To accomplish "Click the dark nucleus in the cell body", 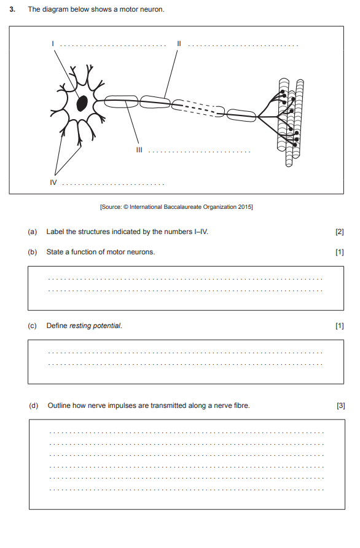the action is point(82,103).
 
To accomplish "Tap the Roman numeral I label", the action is point(53,44).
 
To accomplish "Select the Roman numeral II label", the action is point(179,44).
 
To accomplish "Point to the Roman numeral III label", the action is point(139,150).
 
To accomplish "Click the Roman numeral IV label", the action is point(53,182).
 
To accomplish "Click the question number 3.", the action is point(12,9).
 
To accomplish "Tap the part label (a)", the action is point(32,232).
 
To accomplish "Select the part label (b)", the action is point(32,252).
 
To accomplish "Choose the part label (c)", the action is point(32,326).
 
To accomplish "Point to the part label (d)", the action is point(34,405).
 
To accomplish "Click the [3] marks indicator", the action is point(341,405).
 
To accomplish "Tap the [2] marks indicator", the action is point(339,232).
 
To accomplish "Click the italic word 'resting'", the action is point(80,326).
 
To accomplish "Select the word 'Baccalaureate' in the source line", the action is point(182,207).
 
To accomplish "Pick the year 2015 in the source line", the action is point(245,207).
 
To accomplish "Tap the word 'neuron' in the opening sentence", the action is point(152,9).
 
